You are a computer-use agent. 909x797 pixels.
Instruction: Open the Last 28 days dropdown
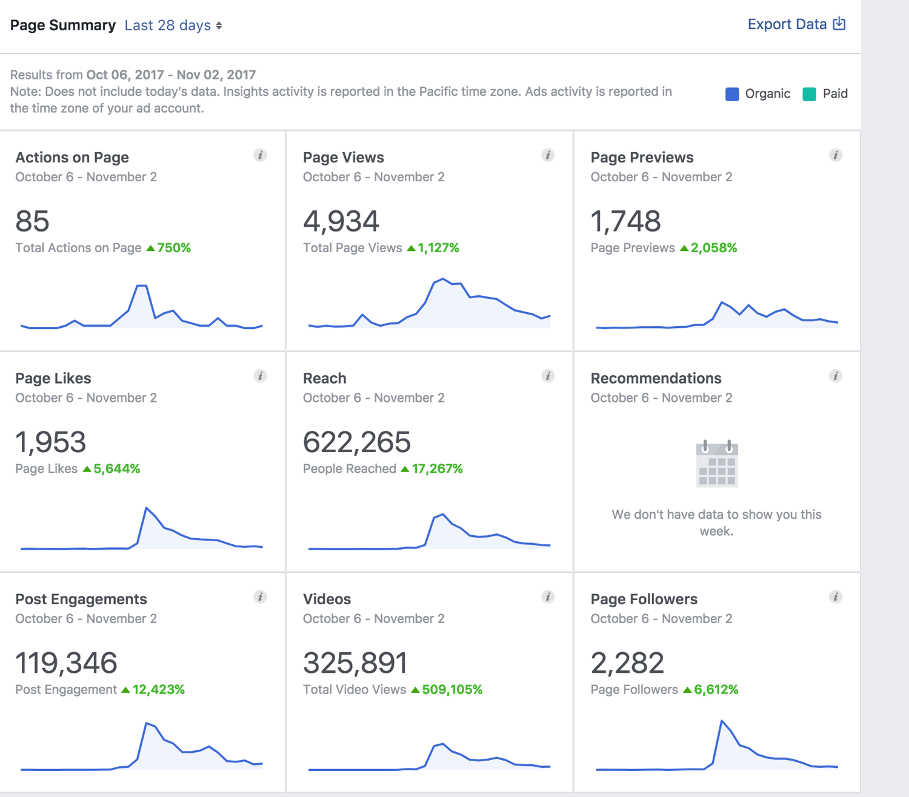[x=173, y=25]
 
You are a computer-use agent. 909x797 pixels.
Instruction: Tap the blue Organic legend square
[x=732, y=94]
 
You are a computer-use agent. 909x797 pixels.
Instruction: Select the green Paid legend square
[x=809, y=94]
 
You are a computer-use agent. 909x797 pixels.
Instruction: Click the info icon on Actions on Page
[x=260, y=155]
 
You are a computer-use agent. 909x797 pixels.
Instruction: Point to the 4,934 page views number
[x=341, y=221]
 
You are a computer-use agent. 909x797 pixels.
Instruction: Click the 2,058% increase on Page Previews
[x=713, y=248]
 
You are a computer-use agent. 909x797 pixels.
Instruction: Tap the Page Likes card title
[x=53, y=378]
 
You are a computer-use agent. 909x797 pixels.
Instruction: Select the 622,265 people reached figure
[x=357, y=442]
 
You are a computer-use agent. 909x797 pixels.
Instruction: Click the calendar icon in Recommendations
[x=717, y=464]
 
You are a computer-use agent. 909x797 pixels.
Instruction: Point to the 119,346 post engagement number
[x=66, y=662]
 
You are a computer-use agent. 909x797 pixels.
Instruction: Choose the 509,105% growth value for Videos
[x=452, y=690]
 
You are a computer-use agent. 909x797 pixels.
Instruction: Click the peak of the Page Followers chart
[x=722, y=721]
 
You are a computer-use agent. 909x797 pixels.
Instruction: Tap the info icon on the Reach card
[x=548, y=376]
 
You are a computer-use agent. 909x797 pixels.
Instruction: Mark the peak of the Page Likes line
[x=147, y=507]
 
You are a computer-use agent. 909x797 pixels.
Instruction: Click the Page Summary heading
[x=63, y=25]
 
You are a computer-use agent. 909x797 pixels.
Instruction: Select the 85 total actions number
[x=32, y=221]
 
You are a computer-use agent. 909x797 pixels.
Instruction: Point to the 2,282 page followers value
[x=627, y=662]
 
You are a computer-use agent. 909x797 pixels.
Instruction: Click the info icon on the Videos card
[x=548, y=597]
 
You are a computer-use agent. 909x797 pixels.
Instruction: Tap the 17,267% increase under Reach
[x=437, y=469]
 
